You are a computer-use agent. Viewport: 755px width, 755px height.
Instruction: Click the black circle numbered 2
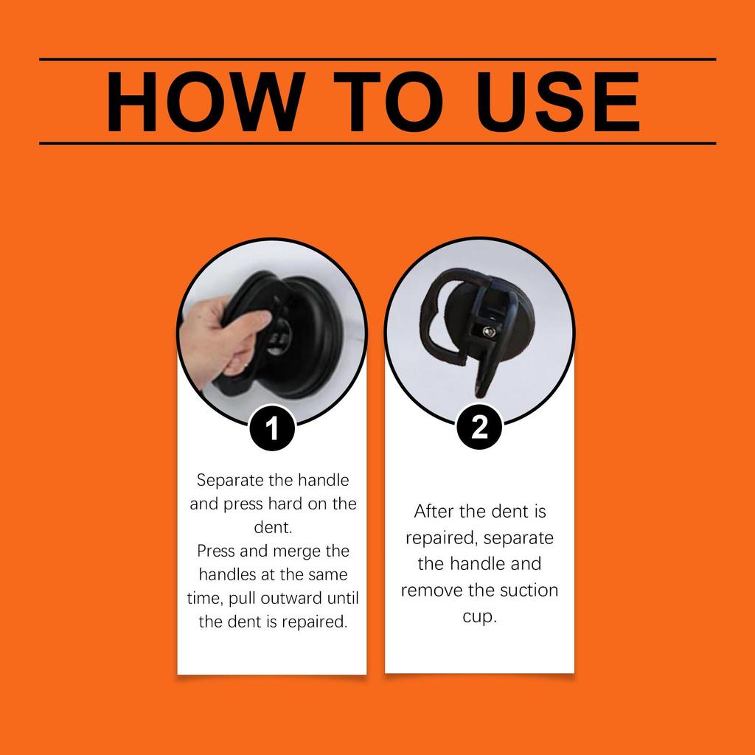[480, 427]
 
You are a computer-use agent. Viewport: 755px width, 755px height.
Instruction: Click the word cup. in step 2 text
[480, 616]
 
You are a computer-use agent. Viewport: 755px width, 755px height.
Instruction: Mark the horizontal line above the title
[377, 59]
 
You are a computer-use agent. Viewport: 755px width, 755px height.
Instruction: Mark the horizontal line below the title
[377, 143]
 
